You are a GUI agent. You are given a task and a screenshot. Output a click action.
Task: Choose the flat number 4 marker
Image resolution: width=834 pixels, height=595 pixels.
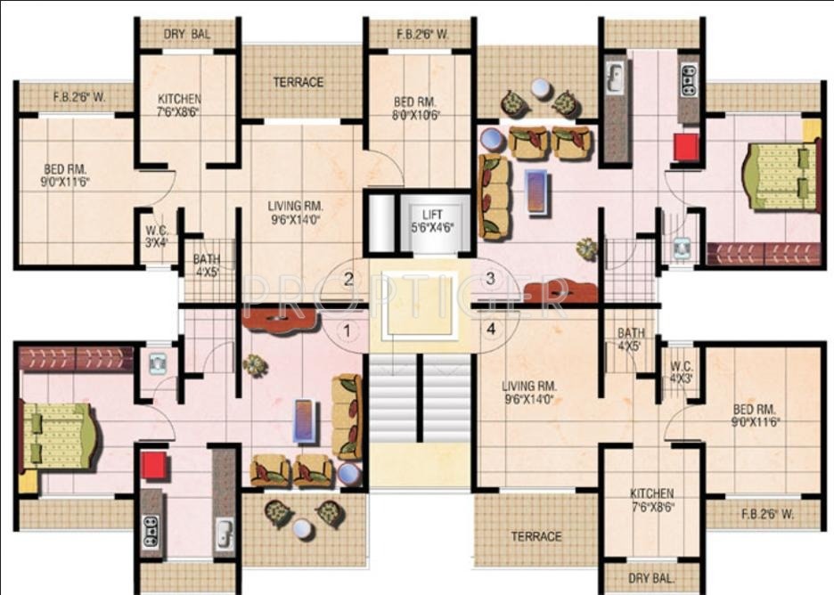click(490, 329)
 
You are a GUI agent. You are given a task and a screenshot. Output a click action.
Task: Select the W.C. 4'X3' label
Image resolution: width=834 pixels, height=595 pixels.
click(682, 370)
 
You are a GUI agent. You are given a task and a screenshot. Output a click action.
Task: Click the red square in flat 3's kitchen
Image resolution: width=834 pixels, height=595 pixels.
click(686, 147)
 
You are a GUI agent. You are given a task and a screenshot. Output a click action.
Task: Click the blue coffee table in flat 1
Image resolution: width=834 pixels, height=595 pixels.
click(306, 420)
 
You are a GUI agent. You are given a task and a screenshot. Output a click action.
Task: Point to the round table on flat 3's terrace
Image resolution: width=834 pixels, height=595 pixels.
click(540, 88)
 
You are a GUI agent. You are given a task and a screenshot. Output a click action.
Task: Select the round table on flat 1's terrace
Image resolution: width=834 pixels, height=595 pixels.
click(304, 529)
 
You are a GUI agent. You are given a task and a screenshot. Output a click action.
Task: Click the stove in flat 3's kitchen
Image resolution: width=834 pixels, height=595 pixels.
click(688, 80)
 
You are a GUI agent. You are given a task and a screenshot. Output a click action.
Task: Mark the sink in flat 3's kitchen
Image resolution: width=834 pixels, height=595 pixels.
click(614, 78)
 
